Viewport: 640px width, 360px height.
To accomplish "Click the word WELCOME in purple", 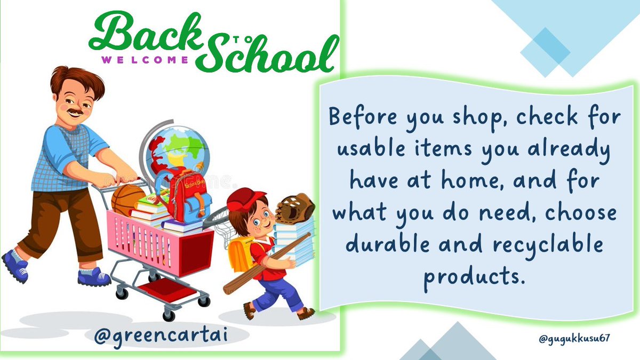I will (145, 60).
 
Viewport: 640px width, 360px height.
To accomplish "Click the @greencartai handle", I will (159, 337).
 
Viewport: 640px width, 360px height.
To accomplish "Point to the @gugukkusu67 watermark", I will (574, 338).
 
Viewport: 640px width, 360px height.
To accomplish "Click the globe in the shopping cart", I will (175, 150).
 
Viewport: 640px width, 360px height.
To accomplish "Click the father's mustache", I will (75, 112).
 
